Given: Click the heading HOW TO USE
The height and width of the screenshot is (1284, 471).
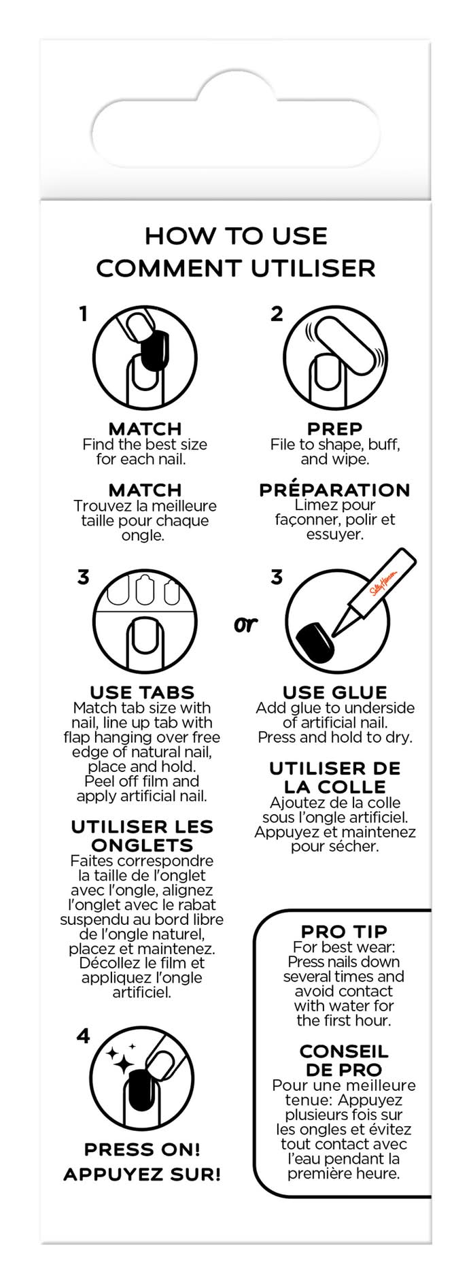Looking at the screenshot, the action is coord(236,236).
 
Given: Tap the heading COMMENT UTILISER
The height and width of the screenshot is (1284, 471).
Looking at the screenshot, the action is coord(236,268).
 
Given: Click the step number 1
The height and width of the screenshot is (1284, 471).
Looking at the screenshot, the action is coord(83,314).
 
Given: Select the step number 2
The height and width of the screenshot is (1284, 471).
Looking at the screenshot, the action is coord(277,314).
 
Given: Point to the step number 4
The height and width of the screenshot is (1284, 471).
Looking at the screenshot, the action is coord(83,1036).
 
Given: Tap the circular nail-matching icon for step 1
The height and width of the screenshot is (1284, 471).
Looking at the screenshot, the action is coord(145,357).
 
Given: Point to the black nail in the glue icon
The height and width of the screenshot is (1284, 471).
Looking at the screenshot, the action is coord(315,639).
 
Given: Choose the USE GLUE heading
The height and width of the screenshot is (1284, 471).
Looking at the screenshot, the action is coord(334,692).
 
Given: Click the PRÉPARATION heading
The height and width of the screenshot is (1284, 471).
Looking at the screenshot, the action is coord(334,489).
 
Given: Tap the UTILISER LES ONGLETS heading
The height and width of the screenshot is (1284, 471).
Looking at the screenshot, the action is coord(142,836).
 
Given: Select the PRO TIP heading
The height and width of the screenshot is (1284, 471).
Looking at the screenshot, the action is coord(344,931).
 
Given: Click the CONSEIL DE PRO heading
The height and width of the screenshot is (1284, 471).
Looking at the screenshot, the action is coord(344,1060).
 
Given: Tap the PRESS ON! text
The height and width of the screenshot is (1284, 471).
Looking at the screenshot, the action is coord(142,1149).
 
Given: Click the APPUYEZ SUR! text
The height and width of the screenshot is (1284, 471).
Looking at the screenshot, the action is coord(142,1175).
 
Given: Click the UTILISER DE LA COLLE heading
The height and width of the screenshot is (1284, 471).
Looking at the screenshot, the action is coord(334,777).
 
